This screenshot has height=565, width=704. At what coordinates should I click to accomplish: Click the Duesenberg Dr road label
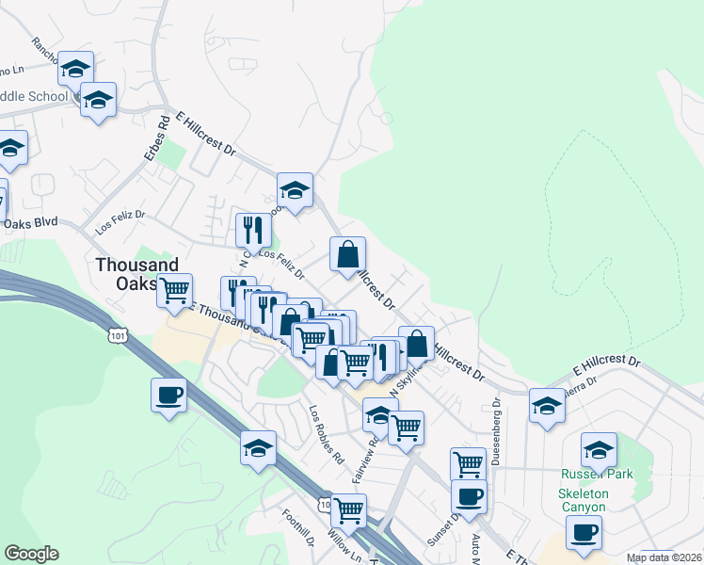(x=495, y=434)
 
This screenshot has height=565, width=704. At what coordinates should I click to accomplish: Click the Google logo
(x=32, y=554)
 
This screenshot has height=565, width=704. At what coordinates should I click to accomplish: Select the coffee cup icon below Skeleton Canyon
(x=584, y=532)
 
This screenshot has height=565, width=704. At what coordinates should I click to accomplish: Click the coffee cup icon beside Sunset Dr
(x=469, y=495)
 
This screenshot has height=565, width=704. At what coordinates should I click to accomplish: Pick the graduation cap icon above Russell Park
(x=599, y=449)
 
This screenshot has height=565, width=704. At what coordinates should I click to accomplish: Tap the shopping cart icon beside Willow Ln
(x=348, y=509)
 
